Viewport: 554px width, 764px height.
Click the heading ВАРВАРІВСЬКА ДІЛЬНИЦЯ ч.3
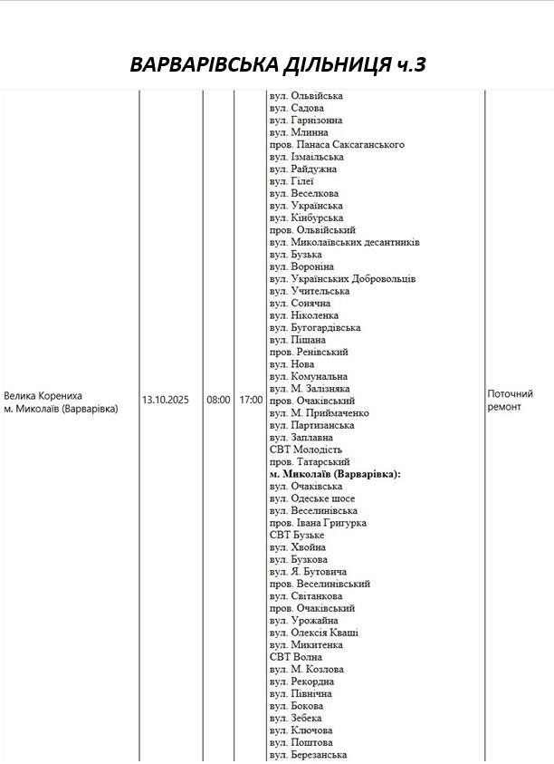pyautogui.click(x=277, y=65)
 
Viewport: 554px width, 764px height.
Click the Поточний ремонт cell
pyautogui.click(x=510, y=401)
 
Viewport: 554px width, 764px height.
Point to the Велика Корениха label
pyautogui.click(x=43, y=395)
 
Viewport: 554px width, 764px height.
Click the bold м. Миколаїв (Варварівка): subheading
pyautogui.click(x=335, y=474)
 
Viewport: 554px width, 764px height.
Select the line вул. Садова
pyautogui.click(x=296, y=108)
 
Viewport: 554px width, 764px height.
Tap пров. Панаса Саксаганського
pyautogui.click(x=336, y=144)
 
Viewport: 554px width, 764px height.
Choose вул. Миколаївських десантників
pyautogui.click(x=344, y=242)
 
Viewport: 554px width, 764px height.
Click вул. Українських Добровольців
pyautogui.click(x=342, y=279)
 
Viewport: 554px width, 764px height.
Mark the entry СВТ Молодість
pyautogui.click(x=306, y=450)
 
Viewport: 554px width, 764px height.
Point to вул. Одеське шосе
pyautogui.click(x=312, y=498)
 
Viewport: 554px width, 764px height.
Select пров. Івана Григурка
pyautogui.click(x=317, y=523)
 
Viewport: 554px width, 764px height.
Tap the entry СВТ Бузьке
pyautogui.click(x=296, y=536)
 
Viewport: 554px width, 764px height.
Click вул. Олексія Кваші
pyautogui.click(x=313, y=633)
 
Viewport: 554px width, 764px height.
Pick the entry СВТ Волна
pyautogui.click(x=293, y=657)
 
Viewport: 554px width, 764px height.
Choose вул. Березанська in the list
pyautogui.click(x=308, y=755)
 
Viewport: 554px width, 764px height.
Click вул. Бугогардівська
pyautogui.click(x=315, y=328)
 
